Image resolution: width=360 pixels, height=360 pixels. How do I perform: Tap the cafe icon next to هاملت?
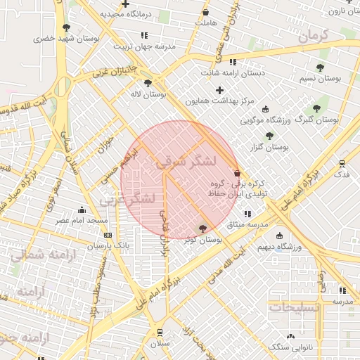205,13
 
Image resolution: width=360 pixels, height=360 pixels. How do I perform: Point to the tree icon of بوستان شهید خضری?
66,27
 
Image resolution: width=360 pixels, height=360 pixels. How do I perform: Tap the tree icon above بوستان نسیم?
320,67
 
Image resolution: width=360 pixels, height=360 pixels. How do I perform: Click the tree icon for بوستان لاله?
147,83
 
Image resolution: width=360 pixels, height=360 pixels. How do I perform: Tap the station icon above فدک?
342,163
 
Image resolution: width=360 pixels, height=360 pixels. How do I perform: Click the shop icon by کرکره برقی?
237,173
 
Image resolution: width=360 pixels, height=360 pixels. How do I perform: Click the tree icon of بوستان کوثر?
203,229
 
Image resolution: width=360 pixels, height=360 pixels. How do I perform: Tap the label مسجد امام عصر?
82,220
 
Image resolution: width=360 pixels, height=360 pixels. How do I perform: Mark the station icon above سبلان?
160,332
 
